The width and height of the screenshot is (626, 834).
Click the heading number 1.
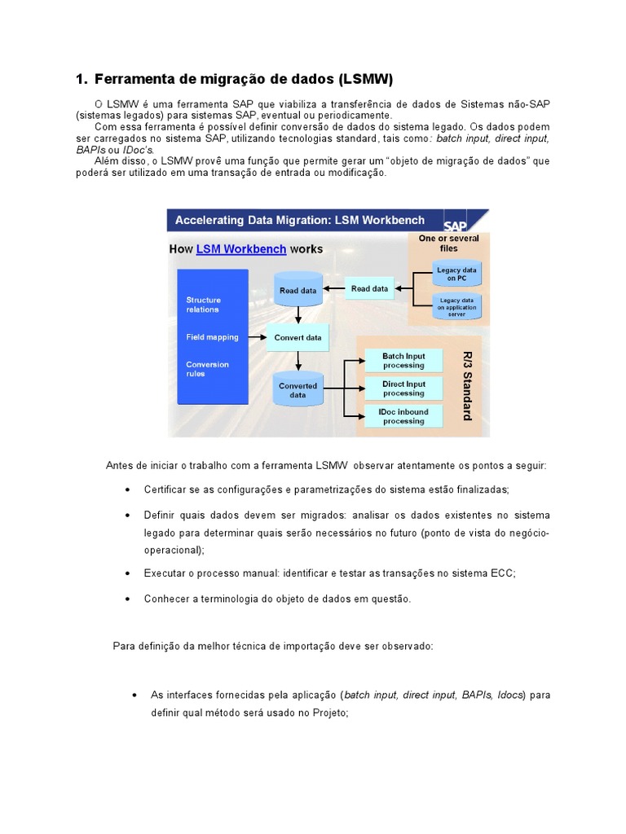pos(80,79)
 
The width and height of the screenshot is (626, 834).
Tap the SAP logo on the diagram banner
pos(458,226)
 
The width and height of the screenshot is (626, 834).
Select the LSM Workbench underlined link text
pos(241,249)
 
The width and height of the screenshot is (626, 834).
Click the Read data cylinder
pos(298,290)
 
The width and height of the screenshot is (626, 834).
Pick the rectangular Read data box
pos(370,288)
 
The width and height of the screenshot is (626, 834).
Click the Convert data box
pos(298,337)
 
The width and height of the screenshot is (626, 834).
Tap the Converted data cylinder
pos(298,389)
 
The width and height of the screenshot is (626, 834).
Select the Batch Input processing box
pos(403,361)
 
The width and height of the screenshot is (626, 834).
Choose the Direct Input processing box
pos(403,388)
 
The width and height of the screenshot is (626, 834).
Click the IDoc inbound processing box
pos(403,416)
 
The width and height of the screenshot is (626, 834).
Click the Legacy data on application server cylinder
pos(456,306)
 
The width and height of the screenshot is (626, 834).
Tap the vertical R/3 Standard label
pos(467,386)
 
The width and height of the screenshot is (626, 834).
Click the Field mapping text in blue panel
pos(212,337)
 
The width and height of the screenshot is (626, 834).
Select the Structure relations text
pos(203,305)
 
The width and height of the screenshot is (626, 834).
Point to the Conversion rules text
pos(207,369)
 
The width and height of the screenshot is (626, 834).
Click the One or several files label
pos(449,244)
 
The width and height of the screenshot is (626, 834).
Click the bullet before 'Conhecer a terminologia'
pos(127,599)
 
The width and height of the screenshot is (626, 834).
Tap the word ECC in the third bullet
pos(504,573)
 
